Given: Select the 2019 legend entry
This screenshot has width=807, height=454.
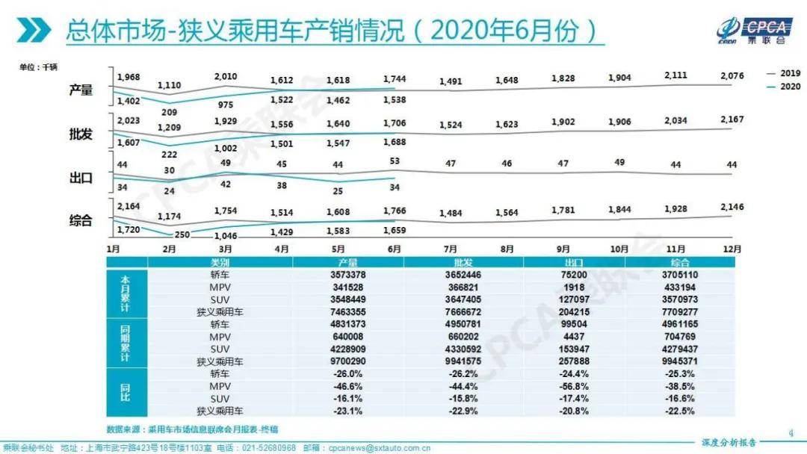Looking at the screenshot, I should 782,73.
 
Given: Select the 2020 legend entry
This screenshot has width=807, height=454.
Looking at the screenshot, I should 782,86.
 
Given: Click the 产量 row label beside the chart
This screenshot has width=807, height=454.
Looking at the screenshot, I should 81,90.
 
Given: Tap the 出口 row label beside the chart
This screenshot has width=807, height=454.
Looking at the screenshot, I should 81,178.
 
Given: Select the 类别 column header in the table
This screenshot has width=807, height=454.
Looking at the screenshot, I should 220,262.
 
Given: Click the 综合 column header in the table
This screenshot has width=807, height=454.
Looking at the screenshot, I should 678,262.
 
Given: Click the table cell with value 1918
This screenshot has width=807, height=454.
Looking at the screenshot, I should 575,287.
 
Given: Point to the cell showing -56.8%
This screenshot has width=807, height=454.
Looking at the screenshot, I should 575,386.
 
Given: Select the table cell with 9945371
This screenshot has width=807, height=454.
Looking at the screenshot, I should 678,361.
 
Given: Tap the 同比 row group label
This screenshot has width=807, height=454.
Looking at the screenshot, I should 126,392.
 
